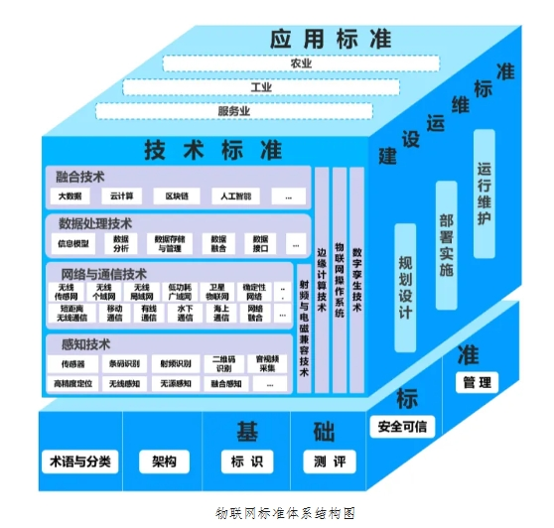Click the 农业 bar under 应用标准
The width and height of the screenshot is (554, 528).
click(x=301, y=64)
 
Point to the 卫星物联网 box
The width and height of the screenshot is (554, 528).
click(x=218, y=292)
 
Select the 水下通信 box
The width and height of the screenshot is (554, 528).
click(x=184, y=314)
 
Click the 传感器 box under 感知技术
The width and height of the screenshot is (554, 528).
click(x=73, y=363)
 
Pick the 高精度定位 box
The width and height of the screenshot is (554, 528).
click(x=73, y=383)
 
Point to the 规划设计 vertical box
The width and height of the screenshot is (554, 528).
click(x=405, y=288)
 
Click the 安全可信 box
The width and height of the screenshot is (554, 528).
click(x=402, y=427)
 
